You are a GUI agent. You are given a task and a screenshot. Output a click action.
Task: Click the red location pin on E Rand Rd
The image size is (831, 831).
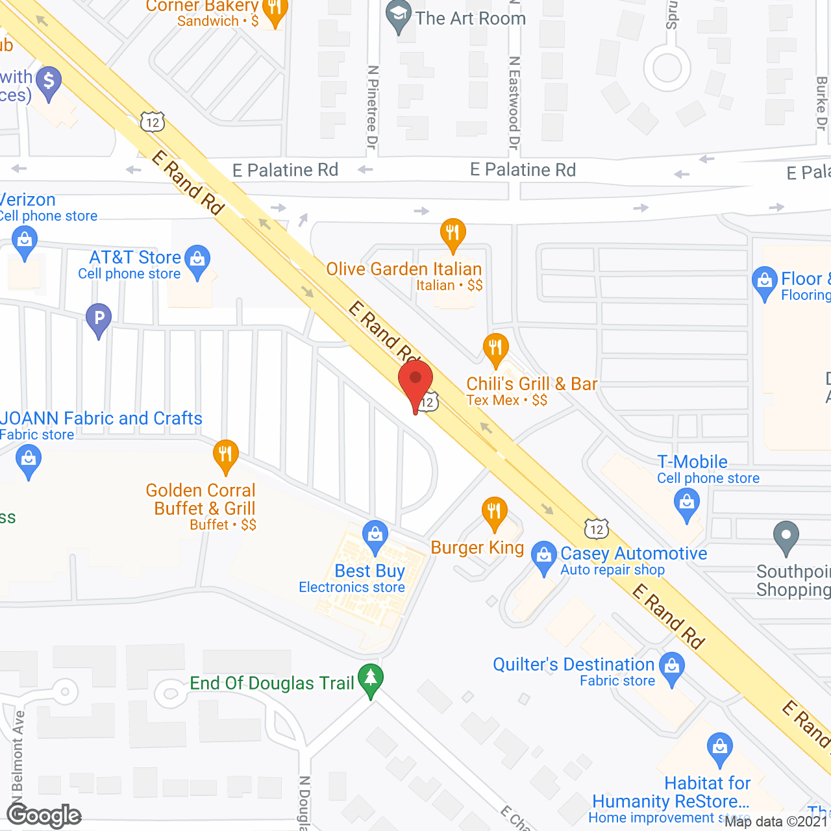(x=415, y=383)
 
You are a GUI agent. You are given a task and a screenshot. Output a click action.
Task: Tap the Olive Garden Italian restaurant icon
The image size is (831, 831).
(x=453, y=232)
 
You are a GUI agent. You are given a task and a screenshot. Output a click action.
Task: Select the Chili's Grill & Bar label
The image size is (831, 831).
(x=532, y=384)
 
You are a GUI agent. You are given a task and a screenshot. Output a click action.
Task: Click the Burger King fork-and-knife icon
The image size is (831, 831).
(x=495, y=512)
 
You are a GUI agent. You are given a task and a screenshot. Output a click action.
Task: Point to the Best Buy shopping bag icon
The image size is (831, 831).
(x=375, y=535)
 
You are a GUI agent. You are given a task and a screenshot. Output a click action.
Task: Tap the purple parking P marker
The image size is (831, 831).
(x=99, y=318)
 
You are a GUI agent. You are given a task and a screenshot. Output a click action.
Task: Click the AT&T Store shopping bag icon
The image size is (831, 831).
(x=197, y=259)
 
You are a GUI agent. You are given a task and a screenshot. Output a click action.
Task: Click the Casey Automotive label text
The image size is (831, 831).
(x=634, y=553)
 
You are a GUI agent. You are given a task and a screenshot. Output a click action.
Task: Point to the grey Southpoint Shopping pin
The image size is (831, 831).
(x=786, y=536)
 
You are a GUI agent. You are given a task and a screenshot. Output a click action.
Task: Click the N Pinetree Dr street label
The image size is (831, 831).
(x=372, y=107)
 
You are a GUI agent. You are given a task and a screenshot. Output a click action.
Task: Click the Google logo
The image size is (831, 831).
(x=44, y=815)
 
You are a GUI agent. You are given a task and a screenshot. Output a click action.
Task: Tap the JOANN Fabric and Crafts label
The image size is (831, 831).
(x=101, y=418)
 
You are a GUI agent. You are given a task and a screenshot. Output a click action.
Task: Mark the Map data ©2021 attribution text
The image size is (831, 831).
(x=776, y=821)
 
